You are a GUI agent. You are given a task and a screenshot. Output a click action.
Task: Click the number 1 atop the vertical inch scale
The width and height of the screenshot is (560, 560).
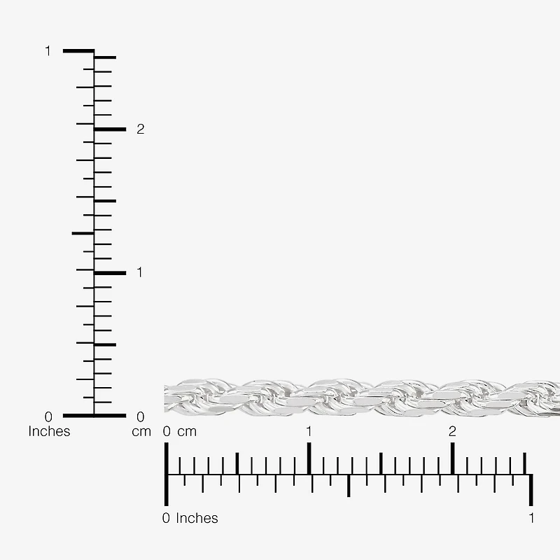48,51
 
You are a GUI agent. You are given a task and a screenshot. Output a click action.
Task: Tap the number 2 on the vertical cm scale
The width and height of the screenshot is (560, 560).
141,129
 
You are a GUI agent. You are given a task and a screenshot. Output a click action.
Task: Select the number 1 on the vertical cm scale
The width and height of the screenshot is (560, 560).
139,272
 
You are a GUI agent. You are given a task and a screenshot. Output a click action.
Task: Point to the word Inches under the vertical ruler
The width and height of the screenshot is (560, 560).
49,431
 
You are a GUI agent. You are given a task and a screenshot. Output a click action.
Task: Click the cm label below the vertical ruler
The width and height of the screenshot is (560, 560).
141,432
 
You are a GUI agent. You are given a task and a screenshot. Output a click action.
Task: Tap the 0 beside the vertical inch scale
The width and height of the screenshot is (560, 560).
48,416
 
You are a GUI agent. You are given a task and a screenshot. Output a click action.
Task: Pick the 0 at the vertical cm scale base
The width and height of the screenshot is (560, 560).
141,416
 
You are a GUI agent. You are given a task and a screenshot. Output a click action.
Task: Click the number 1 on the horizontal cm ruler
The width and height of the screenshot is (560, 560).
309,431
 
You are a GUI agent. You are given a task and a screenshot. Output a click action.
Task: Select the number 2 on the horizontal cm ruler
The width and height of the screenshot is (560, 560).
452,431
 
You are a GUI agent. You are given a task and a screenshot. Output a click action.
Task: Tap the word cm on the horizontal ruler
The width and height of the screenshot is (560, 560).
187,432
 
